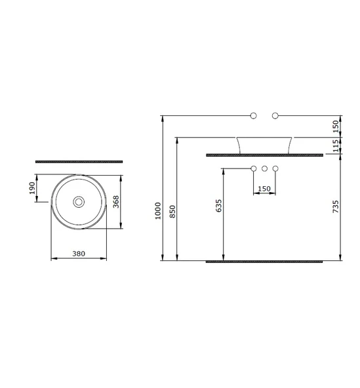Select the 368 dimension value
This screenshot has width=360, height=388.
116,203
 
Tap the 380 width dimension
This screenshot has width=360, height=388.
78,252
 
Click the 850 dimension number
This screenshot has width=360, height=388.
172,212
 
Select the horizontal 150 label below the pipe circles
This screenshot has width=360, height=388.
264,189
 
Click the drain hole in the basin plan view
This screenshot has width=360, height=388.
79,202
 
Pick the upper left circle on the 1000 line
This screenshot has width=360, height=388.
254,116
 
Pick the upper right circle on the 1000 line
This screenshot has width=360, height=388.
275,116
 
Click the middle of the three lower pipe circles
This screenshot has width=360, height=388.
264,170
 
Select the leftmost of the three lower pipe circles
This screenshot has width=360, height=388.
254,170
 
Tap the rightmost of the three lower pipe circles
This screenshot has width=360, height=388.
275,170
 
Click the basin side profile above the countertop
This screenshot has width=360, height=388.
264,145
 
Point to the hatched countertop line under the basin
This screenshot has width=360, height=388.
264,155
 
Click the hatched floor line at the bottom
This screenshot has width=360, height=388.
264,262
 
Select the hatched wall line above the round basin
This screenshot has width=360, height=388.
79,161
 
